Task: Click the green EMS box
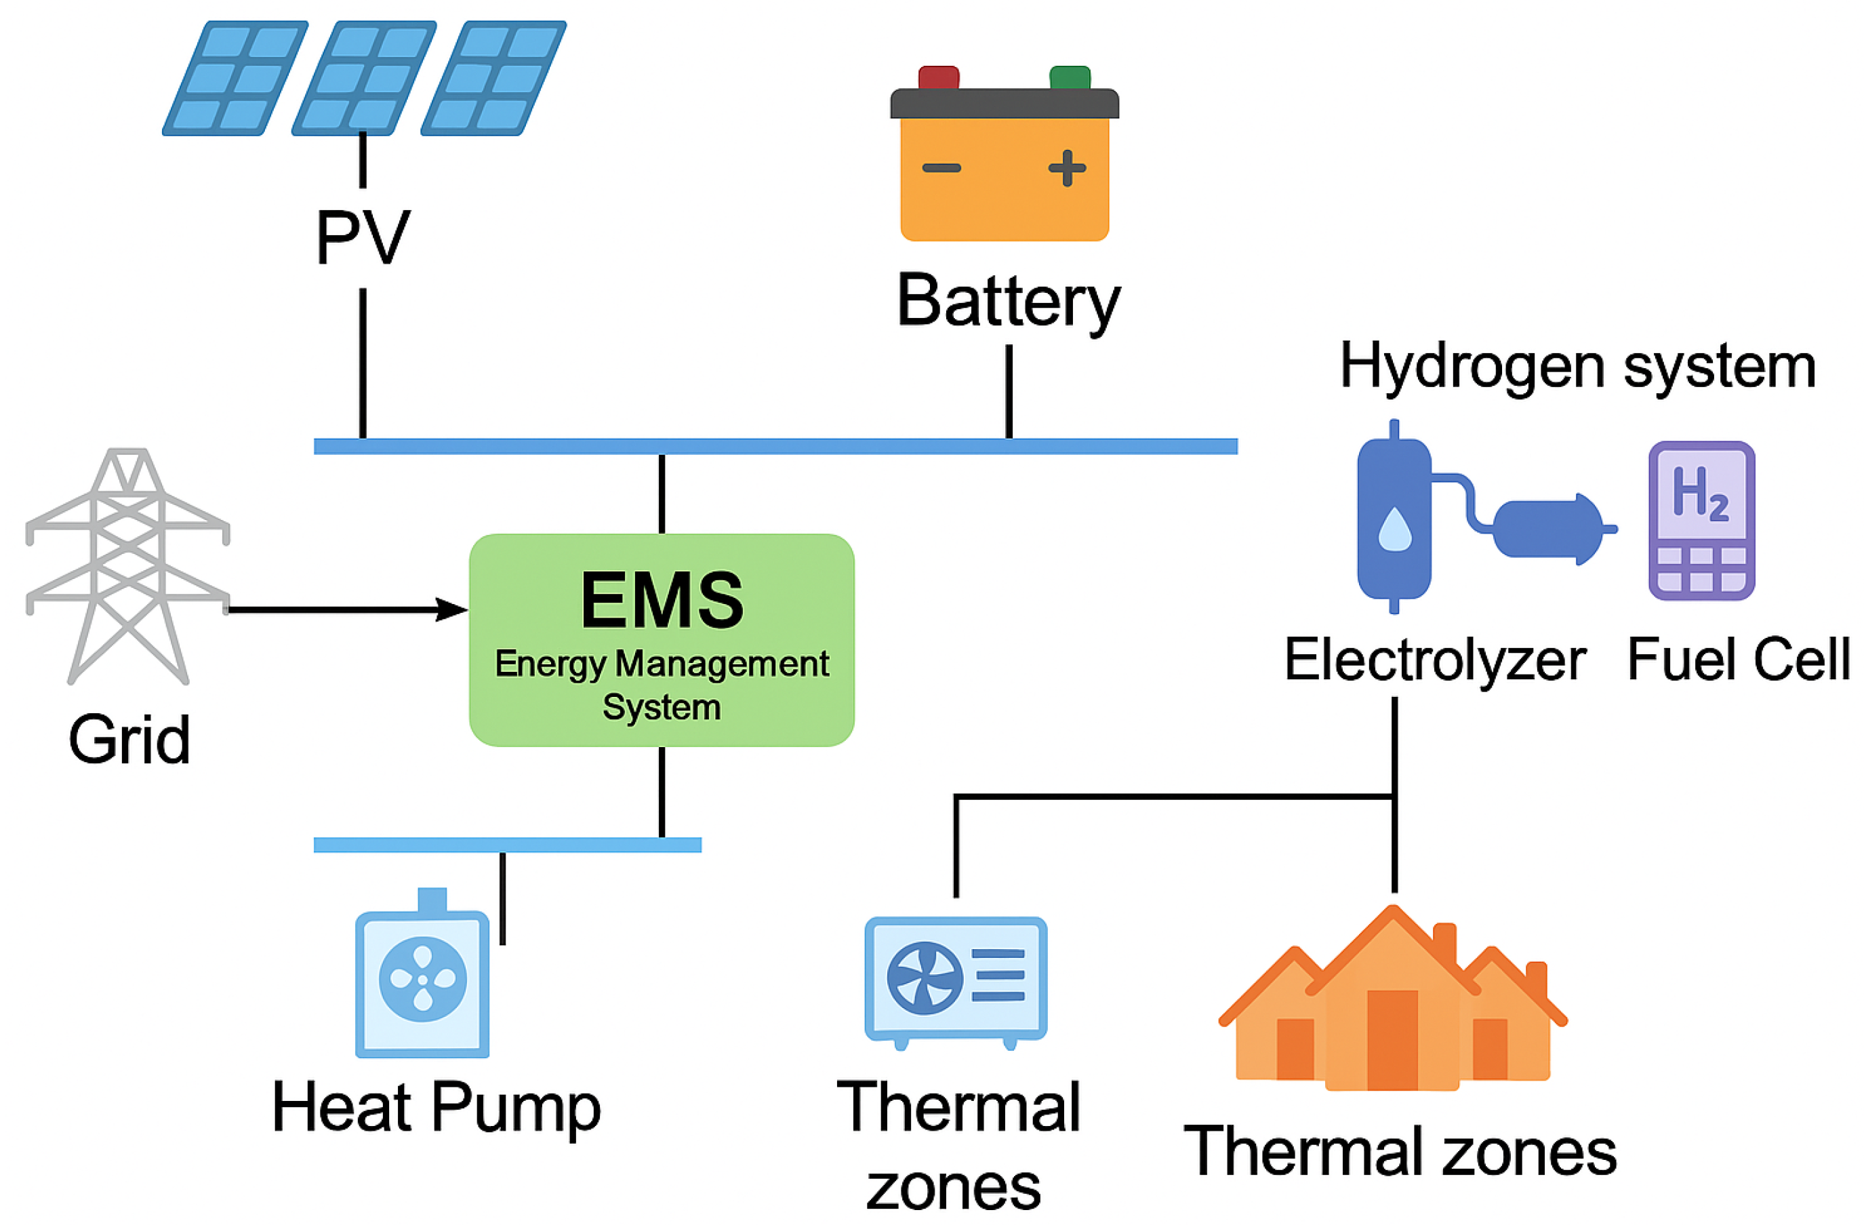click(661, 640)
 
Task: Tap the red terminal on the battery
click(938, 77)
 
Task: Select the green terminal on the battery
click(1069, 77)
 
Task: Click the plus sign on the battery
click(1067, 167)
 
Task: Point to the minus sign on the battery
click(941, 167)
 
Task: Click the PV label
click(363, 238)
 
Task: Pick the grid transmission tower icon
click(127, 564)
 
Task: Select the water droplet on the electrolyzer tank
click(1394, 530)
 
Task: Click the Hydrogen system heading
click(1577, 367)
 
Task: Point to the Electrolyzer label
click(1435, 660)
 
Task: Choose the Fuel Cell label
click(1738, 660)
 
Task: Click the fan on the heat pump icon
click(423, 979)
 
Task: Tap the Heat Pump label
click(437, 1108)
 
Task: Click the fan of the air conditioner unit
click(924, 978)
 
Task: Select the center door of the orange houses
click(1392, 1039)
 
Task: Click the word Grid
click(129, 740)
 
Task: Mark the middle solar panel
click(363, 79)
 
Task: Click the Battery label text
click(1008, 302)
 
